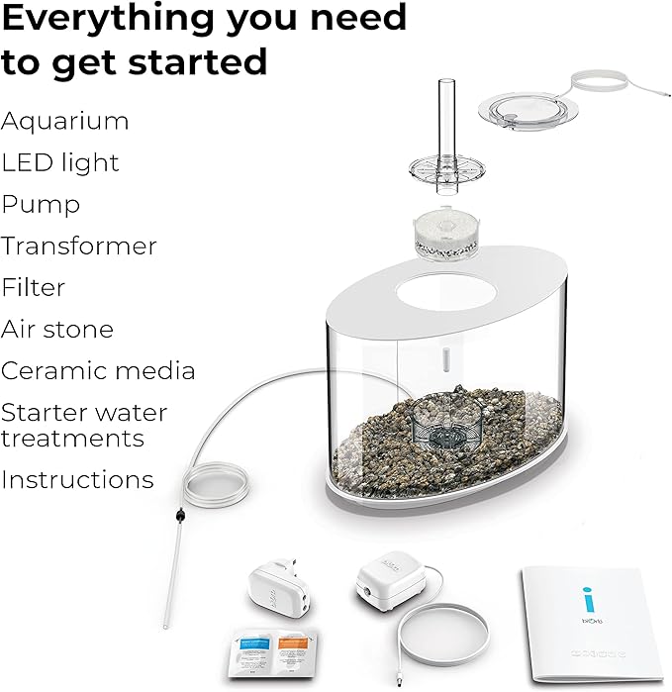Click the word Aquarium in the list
point(65,122)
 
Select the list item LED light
point(60,163)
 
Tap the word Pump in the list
point(42,205)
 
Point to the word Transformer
point(79,246)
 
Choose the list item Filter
point(34,287)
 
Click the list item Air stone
point(57,329)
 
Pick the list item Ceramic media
point(98,370)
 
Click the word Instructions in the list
point(77,480)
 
